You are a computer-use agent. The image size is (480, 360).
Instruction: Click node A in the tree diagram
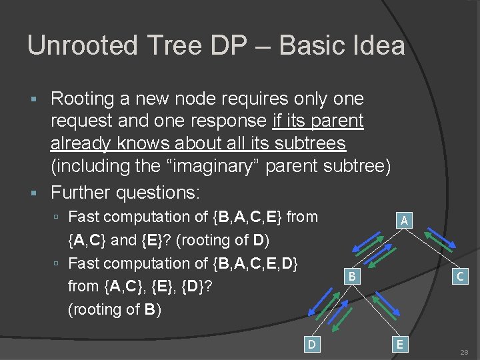click(x=405, y=220)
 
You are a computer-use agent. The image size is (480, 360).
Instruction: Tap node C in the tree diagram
click(x=459, y=275)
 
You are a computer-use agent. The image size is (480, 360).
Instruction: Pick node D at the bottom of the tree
click(x=311, y=344)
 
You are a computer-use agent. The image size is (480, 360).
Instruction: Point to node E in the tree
click(x=399, y=344)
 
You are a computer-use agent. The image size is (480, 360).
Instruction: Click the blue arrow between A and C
click(x=440, y=241)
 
